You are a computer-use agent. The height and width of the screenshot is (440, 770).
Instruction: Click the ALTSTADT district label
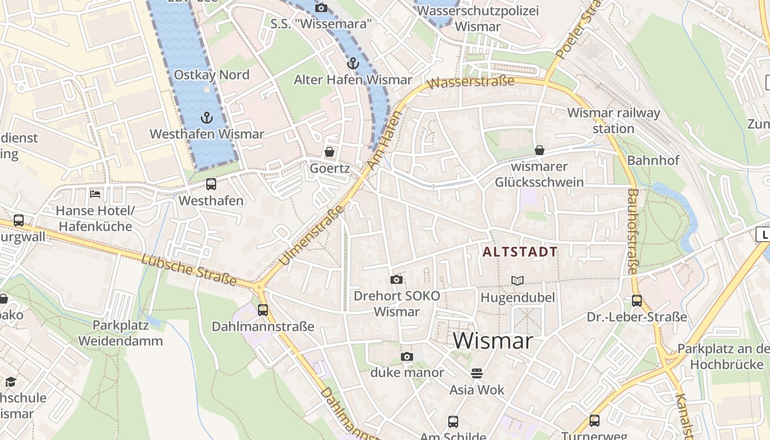(x=520, y=252)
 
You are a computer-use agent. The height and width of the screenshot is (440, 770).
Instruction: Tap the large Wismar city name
(x=493, y=341)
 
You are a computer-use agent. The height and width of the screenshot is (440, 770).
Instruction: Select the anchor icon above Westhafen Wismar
(x=207, y=117)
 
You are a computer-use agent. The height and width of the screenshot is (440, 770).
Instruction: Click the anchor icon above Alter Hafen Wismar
(x=353, y=63)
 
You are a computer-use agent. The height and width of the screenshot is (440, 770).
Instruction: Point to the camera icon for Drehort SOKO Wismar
(x=396, y=280)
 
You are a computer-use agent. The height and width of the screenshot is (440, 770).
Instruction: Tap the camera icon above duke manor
(x=406, y=356)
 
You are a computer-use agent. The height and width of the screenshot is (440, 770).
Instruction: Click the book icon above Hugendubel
(x=518, y=281)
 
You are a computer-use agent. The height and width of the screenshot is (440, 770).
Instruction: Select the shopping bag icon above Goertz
(x=329, y=152)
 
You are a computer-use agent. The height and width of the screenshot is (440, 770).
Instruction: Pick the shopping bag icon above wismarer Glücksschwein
(x=540, y=150)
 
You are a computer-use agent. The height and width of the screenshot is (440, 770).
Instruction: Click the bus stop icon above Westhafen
(x=211, y=184)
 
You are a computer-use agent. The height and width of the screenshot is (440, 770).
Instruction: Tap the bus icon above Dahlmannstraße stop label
(x=263, y=310)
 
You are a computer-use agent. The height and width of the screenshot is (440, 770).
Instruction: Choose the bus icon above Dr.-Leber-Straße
(x=636, y=301)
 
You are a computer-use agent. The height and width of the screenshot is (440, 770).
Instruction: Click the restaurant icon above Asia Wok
(x=476, y=373)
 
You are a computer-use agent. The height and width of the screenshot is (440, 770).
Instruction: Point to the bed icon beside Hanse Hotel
(x=95, y=194)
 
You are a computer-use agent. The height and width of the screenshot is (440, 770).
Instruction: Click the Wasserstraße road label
(x=471, y=82)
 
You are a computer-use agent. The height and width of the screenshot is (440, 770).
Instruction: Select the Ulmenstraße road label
(x=311, y=235)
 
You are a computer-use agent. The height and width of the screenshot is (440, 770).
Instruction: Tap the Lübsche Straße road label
(x=189, y=270)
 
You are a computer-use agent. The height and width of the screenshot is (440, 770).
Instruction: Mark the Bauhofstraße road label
(x=632, y=231)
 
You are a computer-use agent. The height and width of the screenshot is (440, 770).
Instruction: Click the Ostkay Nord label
(x=211, y=75)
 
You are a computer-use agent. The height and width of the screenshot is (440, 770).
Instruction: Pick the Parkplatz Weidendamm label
(x=120, y=333)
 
